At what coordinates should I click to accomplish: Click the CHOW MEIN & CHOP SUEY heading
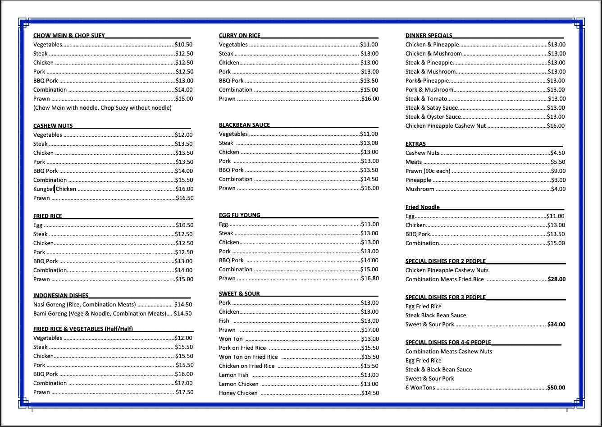click(69, 35)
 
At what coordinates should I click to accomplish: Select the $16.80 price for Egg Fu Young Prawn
click(370, 278)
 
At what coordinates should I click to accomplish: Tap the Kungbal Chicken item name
click(55, 189)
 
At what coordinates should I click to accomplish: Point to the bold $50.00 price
click(556, 388)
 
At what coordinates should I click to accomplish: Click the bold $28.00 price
click(556, 279)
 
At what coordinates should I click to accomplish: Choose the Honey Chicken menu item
click(238, 393)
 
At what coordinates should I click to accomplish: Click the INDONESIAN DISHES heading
click(60, 296)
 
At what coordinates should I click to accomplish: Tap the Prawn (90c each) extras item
click(428, 171)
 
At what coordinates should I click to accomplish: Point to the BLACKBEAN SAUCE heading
click(244, 125)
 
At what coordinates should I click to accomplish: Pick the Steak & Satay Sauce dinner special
click(431, 108)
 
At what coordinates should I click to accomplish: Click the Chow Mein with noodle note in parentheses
click(102, 108)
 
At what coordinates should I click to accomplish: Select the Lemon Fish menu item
click(233, 375)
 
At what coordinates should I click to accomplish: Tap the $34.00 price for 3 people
click(556, 325)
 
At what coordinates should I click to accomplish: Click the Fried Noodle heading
click(422, 207)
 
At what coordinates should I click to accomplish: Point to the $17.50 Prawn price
click(184, 392)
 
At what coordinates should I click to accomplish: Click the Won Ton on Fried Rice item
click(248, 357)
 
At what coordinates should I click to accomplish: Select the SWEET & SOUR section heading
click(239, 294)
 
